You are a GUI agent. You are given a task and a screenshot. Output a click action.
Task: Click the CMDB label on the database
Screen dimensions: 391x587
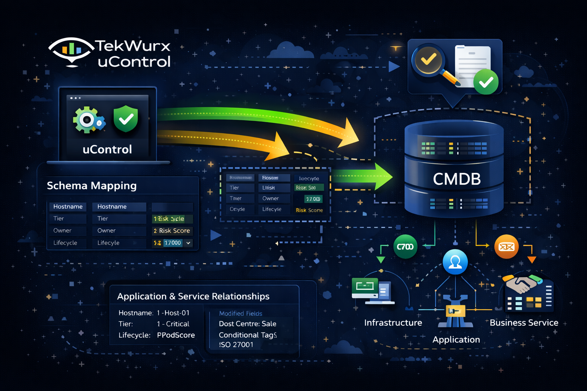tap(457, 179)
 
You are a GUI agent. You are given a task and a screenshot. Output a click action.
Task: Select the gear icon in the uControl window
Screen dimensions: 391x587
tap(88, 120)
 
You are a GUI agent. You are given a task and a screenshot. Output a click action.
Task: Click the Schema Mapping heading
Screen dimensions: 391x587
tap(92, 186)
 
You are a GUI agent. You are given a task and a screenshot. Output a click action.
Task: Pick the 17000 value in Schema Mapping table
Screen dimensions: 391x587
tap(172, 243)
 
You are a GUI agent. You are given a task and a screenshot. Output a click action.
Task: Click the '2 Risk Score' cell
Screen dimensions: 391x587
tap(172, 231)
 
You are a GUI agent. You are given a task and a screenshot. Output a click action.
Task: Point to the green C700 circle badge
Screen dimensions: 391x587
tap(405, 247)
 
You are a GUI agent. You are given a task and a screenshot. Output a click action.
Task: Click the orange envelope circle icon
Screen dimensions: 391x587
tap(506, 247)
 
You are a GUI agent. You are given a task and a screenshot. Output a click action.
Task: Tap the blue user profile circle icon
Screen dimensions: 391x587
tap(455, 262)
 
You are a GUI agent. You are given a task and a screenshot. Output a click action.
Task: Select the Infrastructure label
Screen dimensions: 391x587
tap(393, 323)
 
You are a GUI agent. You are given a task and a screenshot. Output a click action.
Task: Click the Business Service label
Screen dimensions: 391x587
tap(524, 323)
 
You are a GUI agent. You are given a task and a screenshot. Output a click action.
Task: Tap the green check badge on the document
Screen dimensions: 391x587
tap(486, 82)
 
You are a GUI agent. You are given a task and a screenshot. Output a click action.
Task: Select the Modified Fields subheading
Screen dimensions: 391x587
tap(240, 313)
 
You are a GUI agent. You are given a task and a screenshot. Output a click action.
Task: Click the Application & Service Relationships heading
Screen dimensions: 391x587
tap(193, 297)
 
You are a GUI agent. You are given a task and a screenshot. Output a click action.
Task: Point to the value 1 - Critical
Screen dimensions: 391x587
tap(173, 324)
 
